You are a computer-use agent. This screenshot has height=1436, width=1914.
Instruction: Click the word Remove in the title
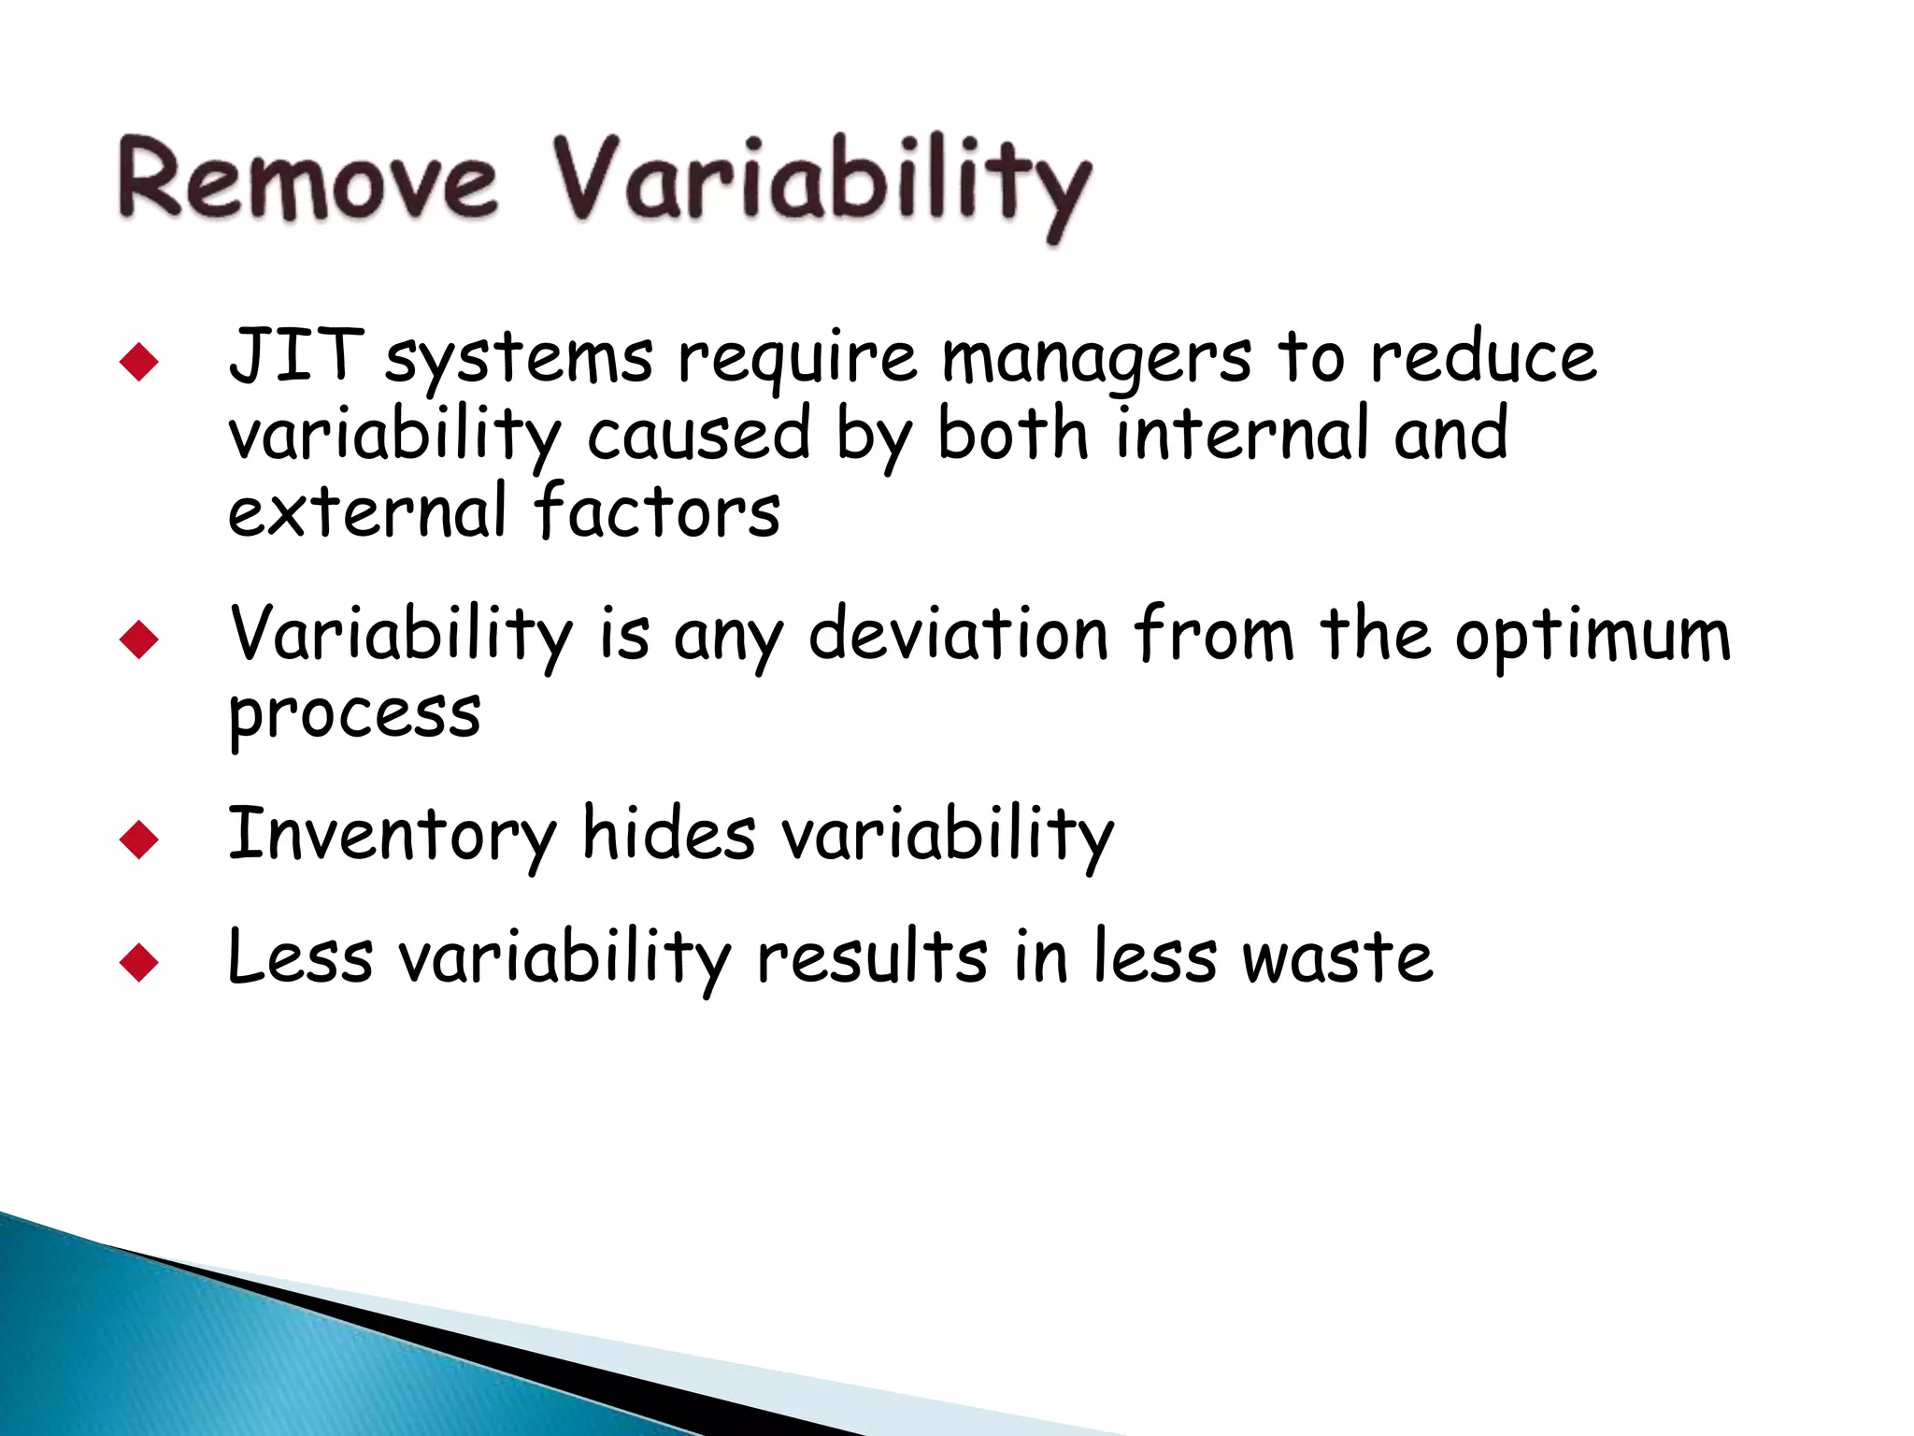pos(308,179)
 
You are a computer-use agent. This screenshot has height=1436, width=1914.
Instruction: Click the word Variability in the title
pos(821,182)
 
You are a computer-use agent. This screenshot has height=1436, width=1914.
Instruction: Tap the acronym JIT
pos(295,356)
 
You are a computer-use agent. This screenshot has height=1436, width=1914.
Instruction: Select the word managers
pos(1095,360)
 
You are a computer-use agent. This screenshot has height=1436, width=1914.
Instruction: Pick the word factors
pos(657,512)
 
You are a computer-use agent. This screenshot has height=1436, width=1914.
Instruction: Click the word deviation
pos(959,635)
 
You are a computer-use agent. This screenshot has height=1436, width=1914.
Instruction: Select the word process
pos(355,715)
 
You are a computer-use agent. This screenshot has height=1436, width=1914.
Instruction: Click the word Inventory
pos(393,835)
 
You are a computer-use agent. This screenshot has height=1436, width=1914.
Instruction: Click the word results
pos(872,957)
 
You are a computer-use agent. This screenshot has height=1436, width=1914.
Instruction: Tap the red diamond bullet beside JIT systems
pos(139,362)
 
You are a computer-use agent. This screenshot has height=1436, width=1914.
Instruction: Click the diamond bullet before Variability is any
pos(139,640)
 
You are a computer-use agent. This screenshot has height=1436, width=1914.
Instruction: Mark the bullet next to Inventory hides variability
pos(139,840)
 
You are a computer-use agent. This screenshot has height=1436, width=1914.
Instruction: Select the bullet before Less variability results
pos(139,963)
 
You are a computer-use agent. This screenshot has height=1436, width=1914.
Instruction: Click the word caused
pos(698,436)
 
